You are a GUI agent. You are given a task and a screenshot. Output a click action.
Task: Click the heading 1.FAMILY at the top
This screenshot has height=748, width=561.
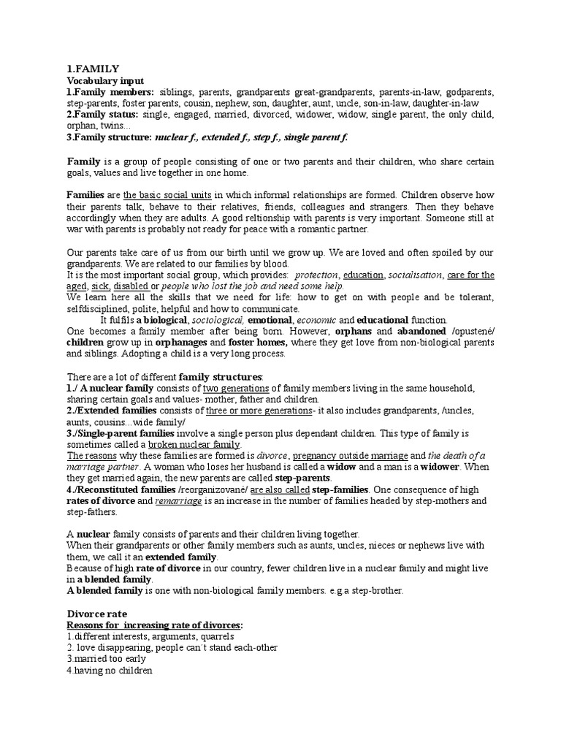pyautogui.click(x=93, y=69)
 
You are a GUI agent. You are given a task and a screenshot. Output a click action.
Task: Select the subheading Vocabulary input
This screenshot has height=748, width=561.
pyautogui.click(x=105, y=80)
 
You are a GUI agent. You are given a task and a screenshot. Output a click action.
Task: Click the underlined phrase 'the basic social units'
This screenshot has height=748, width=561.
pyautogui.click(x=167, y=195)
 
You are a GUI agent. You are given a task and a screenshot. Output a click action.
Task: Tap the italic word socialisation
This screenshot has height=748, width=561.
pyautogui.click(x=414, y=275)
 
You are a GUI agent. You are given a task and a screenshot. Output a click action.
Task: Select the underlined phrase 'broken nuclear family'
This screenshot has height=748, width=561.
pyautogui.click(x=194, y=445)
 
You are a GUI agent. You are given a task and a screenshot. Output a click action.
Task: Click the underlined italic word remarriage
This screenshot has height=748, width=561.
pyautogui.click(x=178, y=502)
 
